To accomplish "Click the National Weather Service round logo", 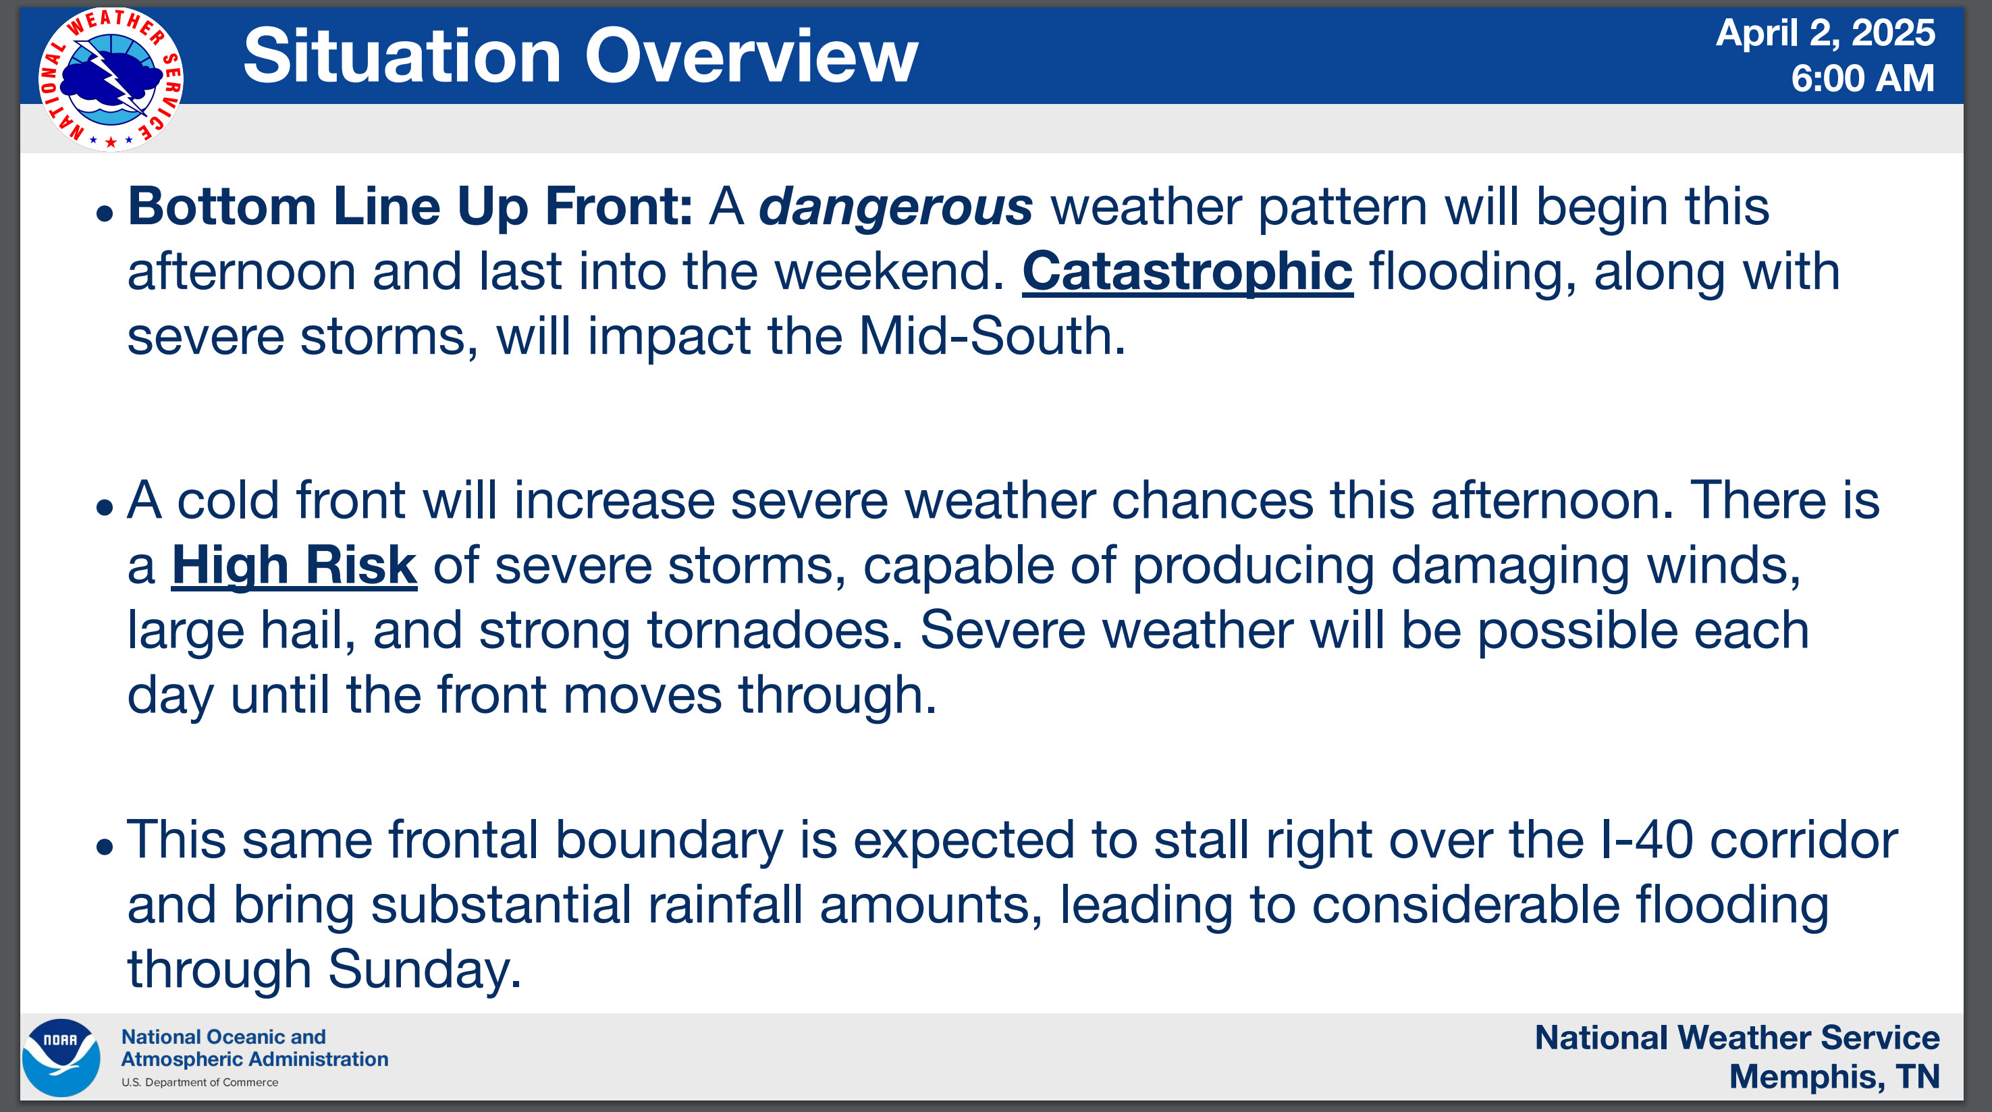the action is coord(111,80).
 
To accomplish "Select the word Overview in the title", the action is coord(751,57).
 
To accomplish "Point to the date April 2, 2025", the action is coord(1825,33).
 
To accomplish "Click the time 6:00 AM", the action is coord(1863,78).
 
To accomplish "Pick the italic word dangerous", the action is coord(896,207).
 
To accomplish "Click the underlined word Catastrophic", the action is coord(1188,272).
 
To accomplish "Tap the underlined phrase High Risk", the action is coord(294,565).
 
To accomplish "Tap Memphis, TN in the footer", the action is coord(1834,1076).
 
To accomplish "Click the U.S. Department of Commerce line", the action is coord(200,1082).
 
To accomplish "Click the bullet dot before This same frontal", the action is coord(105,847).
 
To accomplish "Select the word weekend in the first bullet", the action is coord(882,272).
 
